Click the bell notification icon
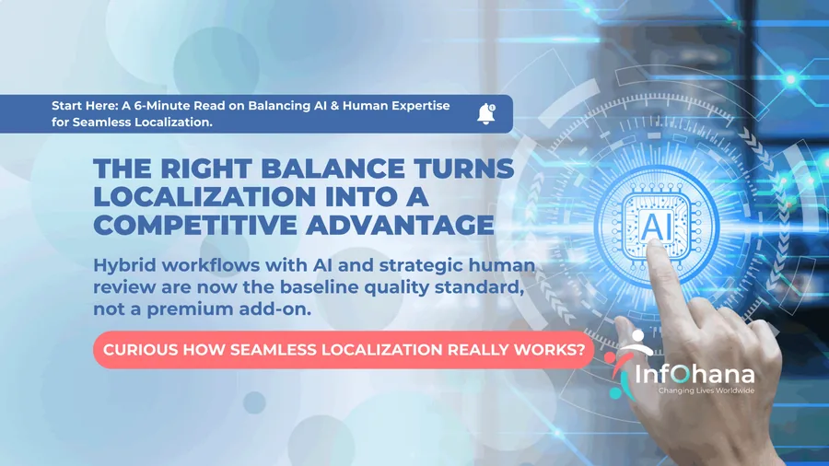click(x=485, y=113)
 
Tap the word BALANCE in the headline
click(x=333, y=169)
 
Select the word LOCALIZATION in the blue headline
click(x=204, y=197)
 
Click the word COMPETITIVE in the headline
click(x=195, y=225)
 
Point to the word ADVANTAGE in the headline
click(x=400, y=225)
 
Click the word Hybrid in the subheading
click(x=123, y=265)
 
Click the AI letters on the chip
click(x=657, y=226)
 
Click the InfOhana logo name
click(x=695, y=375)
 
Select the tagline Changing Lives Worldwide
click(x=706, y=391)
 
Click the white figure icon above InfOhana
click(x=637, y=344)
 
